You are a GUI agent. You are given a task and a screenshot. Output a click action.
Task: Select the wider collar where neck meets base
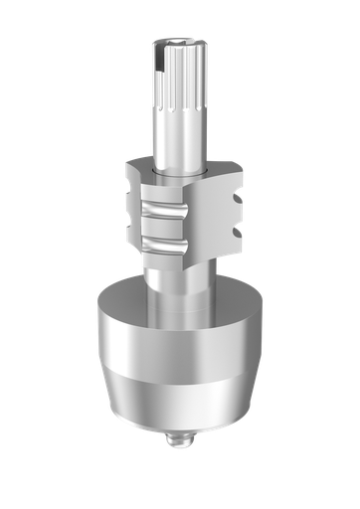pos(180,296)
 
